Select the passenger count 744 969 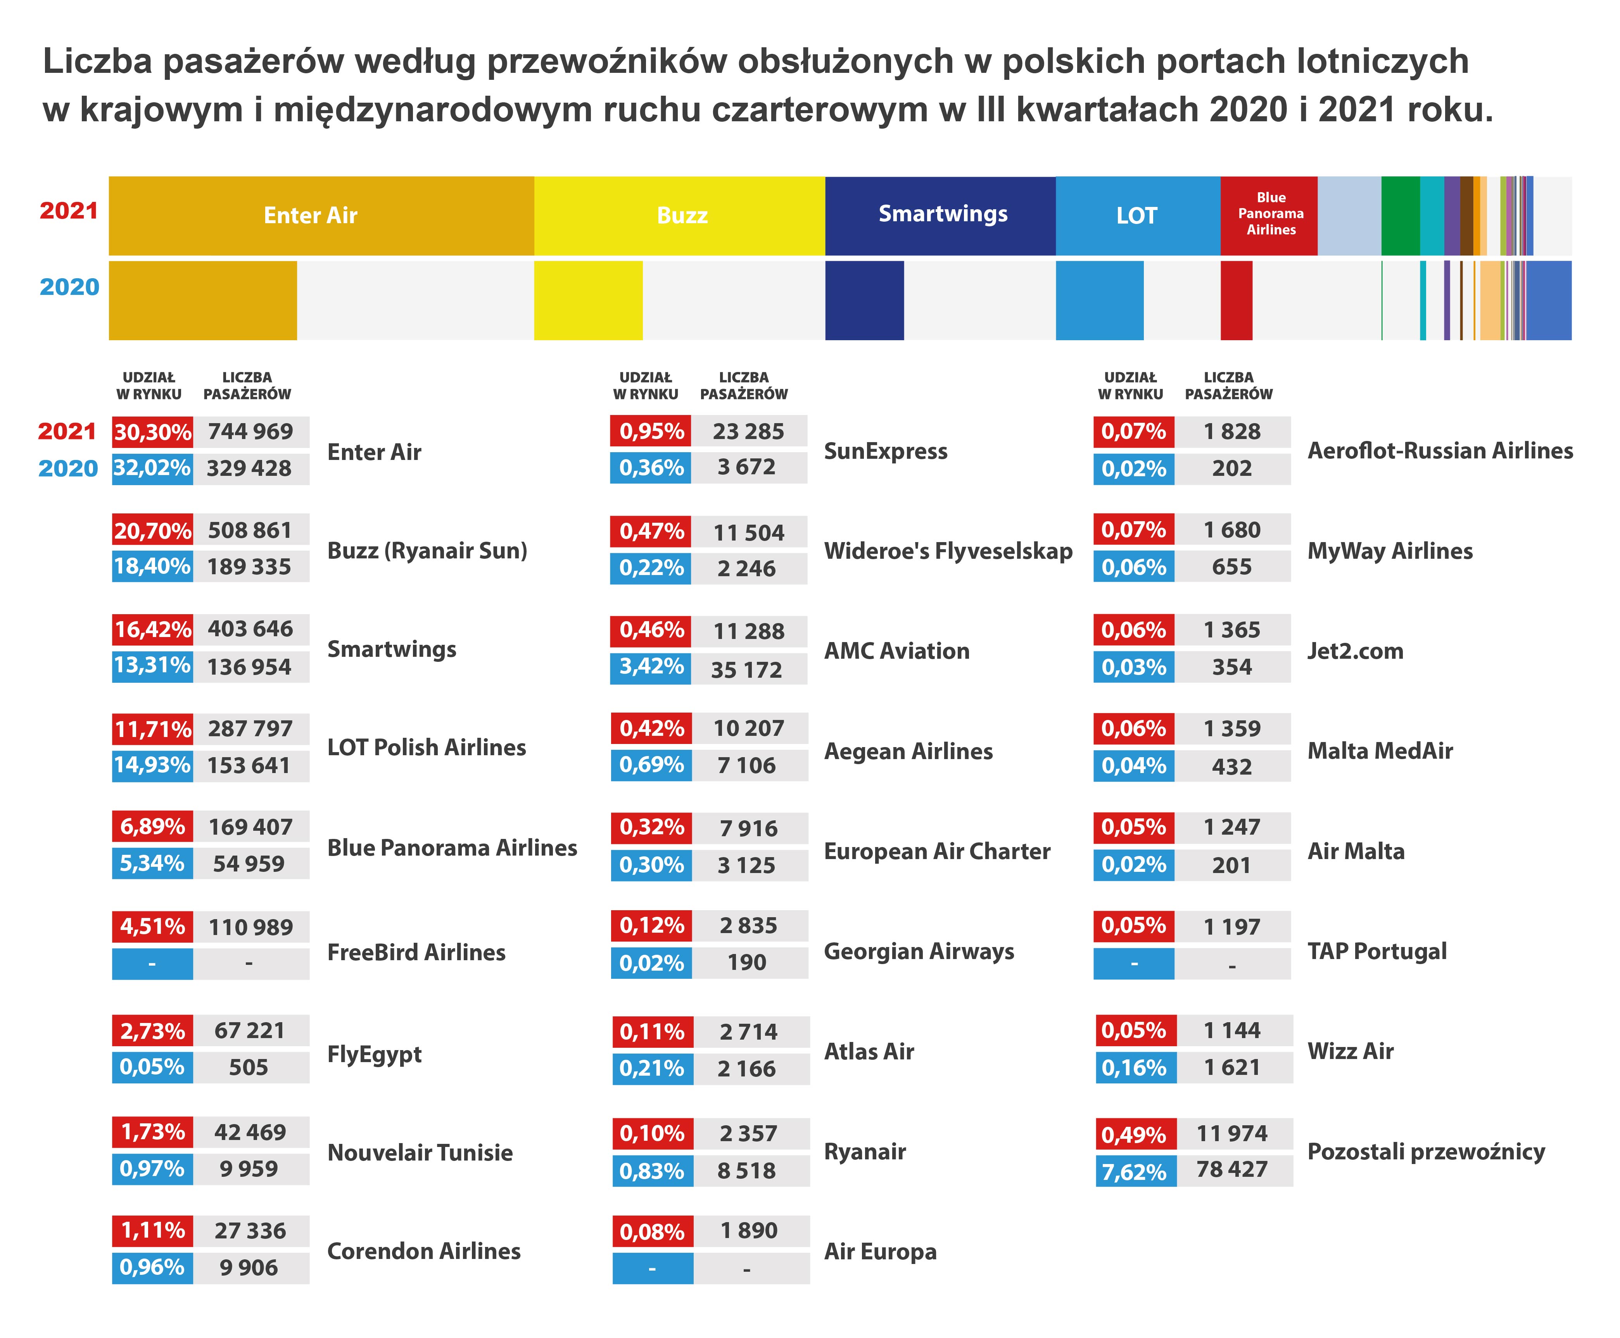click(250, 432)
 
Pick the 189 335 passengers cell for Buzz click(249, 567)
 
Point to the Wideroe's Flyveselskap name click(948, 550)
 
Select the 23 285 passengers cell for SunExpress click(748, 432)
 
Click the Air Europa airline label click(880, 1251)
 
